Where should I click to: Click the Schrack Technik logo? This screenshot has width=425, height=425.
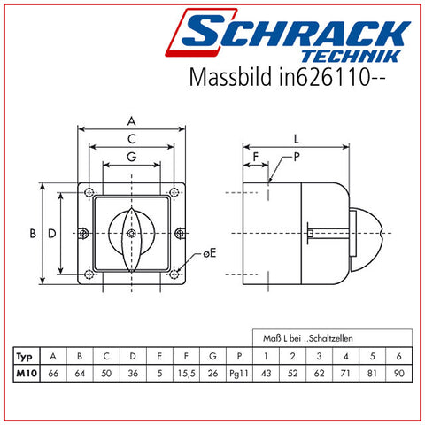pyautogui.click(x=288, y=35)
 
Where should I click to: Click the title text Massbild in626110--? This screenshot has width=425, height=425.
pyautogui.click(x=287, y=77)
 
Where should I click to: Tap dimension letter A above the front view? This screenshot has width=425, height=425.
pyautogui.click(x=132, y=121)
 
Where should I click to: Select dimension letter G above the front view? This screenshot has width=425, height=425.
pyautogui.click(x=132, y=157)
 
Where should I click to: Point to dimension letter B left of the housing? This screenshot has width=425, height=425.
pyautogui.click(x=33, y=234)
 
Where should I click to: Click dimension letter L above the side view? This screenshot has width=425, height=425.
pyautogui.click(x=297, y=139)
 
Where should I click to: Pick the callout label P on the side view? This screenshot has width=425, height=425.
pyautogui.click(x=297, y=157)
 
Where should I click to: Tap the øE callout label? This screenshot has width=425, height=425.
pyautogui.click(x=210, y=253)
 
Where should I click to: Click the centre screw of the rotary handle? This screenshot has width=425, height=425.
pyautogui.click(x=132, y=234)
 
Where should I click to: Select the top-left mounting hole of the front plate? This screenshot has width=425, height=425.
pyautogui.click(x=89, y=192)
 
